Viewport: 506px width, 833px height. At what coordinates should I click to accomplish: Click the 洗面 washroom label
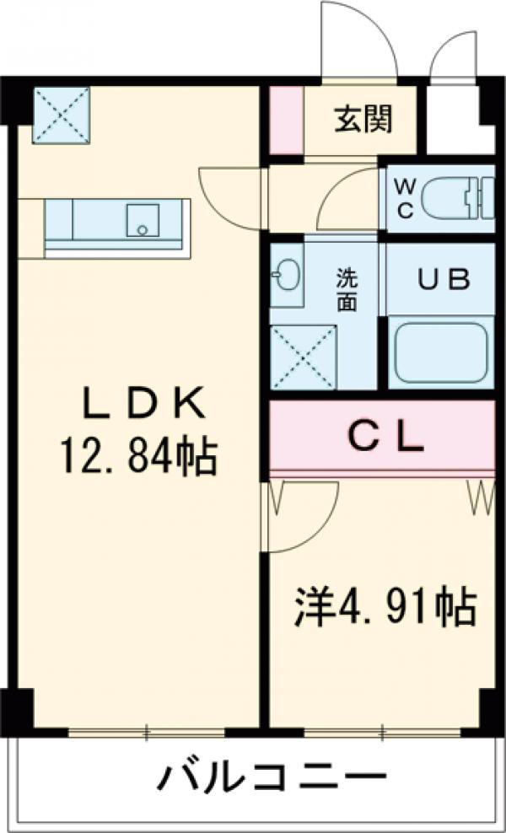click(347, 290)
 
